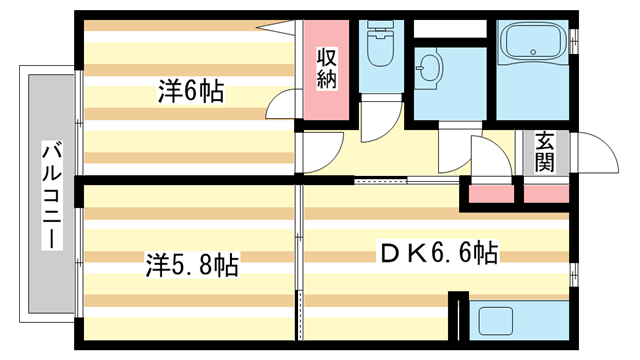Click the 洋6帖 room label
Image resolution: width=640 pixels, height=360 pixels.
point(189,93)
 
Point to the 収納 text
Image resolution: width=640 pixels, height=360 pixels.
point(326,67)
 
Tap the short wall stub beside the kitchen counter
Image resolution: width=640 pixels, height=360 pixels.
point(457,320)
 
